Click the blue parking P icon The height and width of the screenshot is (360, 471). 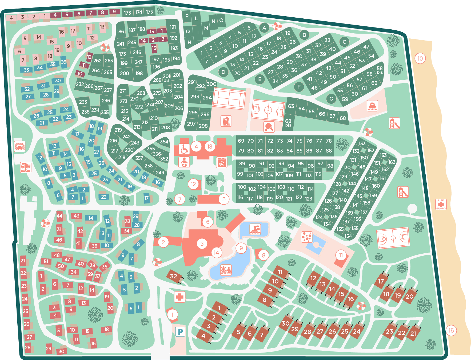(x=180, y=332)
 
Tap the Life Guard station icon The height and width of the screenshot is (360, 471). (x=441, y=205)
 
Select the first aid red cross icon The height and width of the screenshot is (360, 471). (x=180, y=297)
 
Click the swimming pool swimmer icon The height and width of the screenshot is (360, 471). (x=255, y=229)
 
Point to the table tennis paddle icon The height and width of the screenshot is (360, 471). (x=269, y=126)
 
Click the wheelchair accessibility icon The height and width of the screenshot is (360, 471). (x=184, y=149)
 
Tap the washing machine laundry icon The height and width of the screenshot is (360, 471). (x=222, y=162)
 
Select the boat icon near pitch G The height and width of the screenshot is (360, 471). (x=372, y=106)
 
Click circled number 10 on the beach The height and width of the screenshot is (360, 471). (x=420, y=58)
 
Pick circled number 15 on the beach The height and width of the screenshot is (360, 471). (x=451, y=331)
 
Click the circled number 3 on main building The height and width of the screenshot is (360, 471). (x=202, y=243)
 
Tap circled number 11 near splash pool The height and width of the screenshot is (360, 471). (x=341, y=255)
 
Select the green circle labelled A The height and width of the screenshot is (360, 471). (x=264, y=28)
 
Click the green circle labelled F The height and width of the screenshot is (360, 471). (x=299, y=87)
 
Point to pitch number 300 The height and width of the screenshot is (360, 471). (x=211, y=84)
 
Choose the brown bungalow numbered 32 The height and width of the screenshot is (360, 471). (x=174, y=276)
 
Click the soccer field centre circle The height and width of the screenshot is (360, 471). (x=268, y=110)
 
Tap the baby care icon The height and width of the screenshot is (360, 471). (x=184, y=162)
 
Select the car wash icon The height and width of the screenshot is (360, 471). (x=19, y=146)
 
